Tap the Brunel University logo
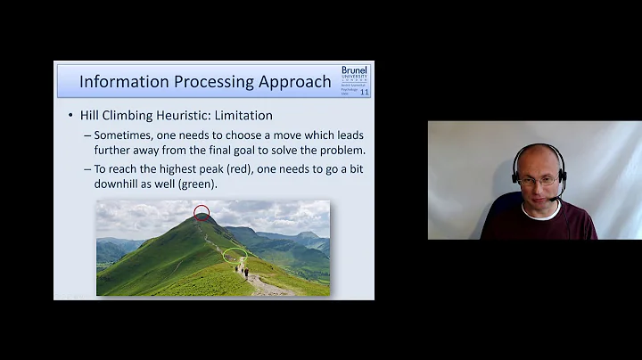click(x=354, y=73)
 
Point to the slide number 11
click(x=364, y=92)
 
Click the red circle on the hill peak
click(x=202, y=213)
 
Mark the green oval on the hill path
click(x=235, y=254)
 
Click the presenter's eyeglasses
click(x=538, y=181)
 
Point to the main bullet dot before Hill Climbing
click(x=70, y=116)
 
